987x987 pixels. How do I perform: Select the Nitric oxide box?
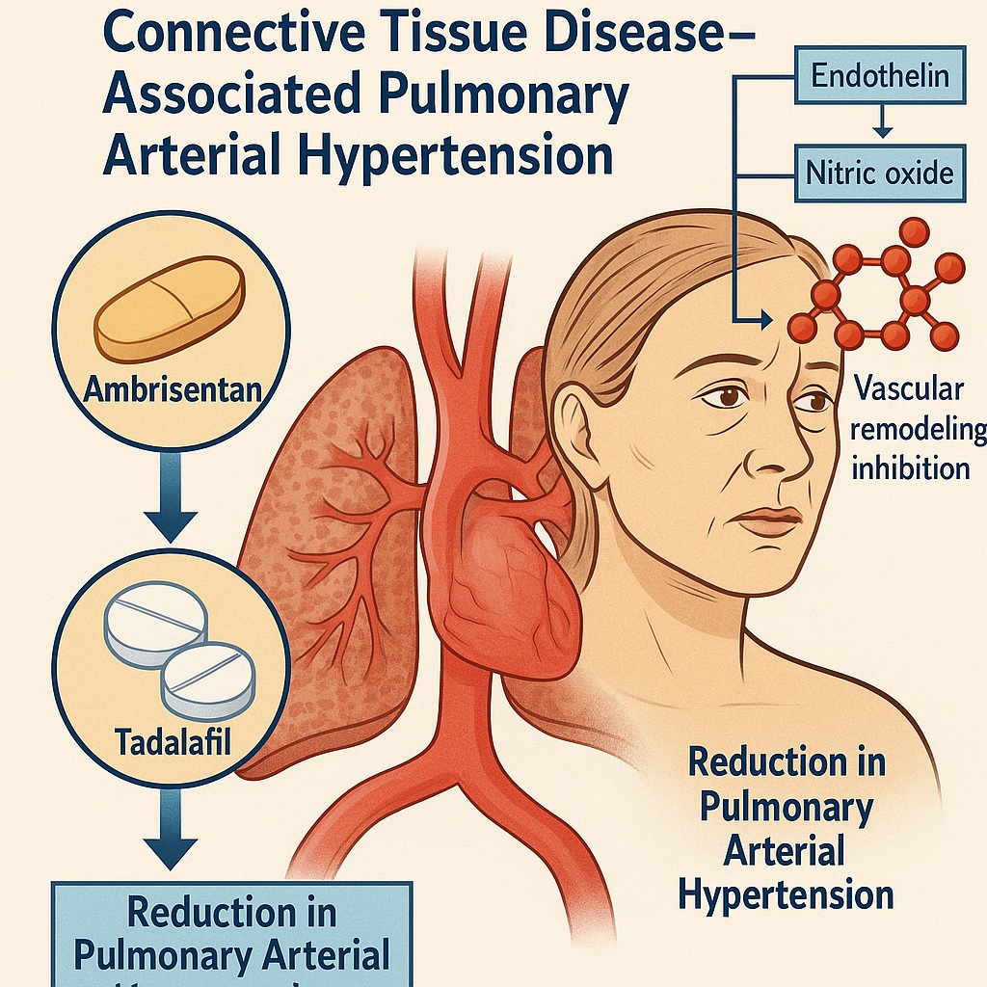(x=878, y=173)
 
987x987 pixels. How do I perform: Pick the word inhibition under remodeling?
(x=911, y=468)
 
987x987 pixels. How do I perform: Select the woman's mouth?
(x=769, y=522)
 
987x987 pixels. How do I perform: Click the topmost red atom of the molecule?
(x=913, y=231)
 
